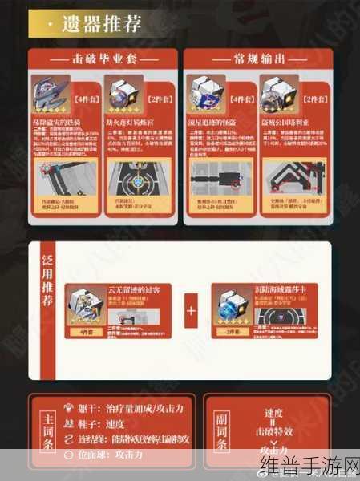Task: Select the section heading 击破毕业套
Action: tap(102, 62)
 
